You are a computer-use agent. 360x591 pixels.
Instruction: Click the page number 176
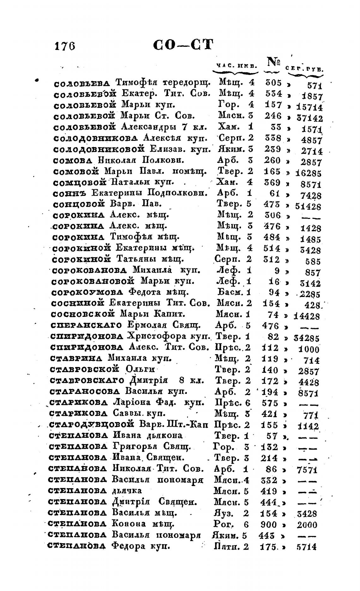click(x=64, y=46)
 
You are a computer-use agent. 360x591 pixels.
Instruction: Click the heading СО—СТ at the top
click(x=183, y=45)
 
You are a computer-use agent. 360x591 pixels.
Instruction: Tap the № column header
click(x=274, y=62)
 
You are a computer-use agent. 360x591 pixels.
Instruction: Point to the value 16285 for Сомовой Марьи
click(x=308, y=173)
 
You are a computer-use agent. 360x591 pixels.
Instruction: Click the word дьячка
click(x=127, y=491)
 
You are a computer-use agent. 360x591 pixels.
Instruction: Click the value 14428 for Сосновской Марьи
click(x=306, y=316)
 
